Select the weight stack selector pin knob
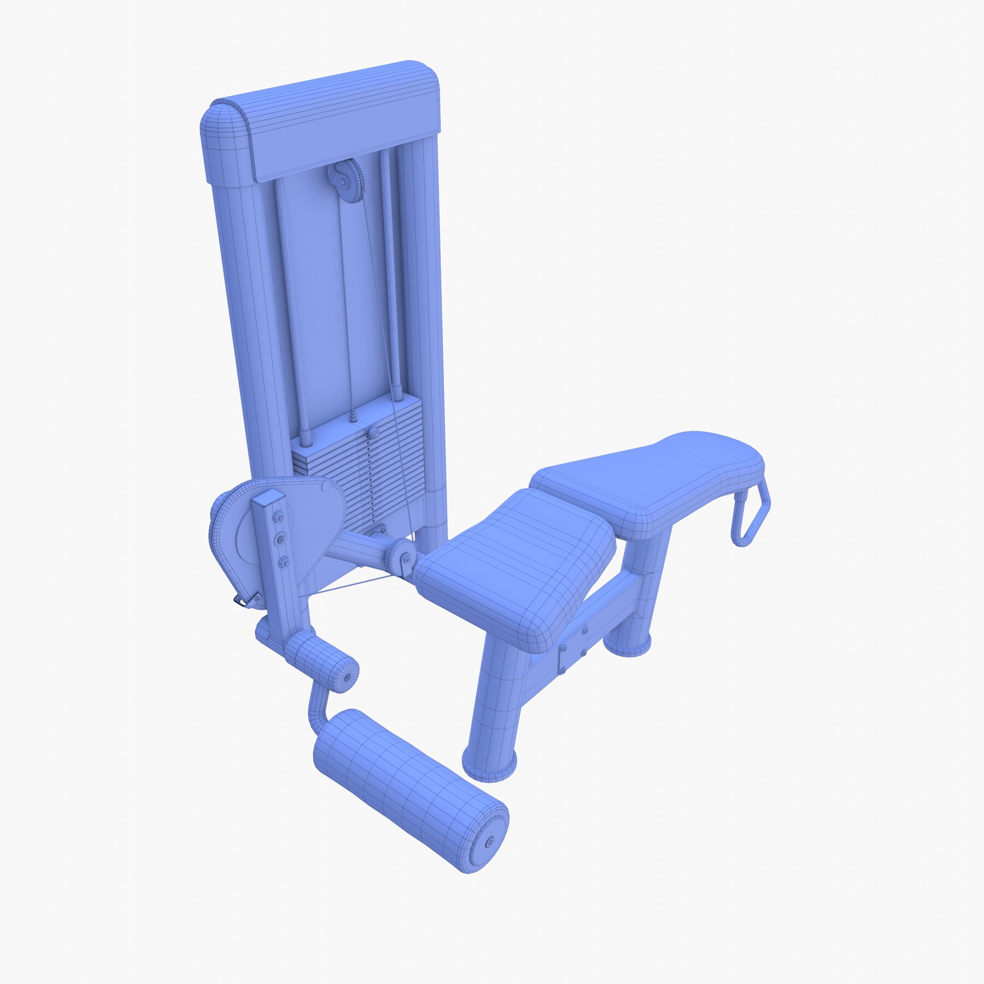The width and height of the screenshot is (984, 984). pyautogui.click(x=373, y=434)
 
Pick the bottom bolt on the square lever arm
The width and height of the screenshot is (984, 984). pyautogui.click(x=283, y=561)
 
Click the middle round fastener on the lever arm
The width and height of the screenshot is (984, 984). pyautogui.click(x=280, y=539)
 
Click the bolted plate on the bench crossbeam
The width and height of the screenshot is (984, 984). pyautogui.click(x=573, y=647)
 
